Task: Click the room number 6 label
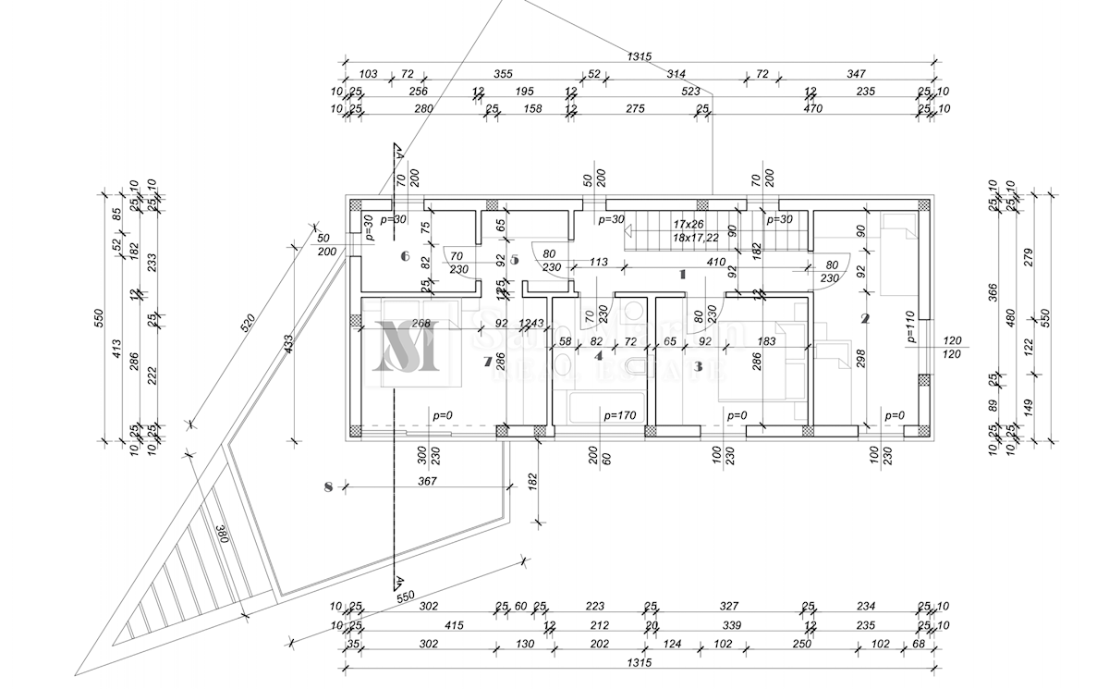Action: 405,256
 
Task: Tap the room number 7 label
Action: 487,363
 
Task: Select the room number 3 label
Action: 698,366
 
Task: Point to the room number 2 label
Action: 865,319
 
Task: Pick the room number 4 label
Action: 598,354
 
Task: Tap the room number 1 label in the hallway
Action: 682,274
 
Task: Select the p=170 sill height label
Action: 621,416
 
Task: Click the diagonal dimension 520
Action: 246,324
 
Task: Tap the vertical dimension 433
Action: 287,343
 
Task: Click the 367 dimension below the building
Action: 427,481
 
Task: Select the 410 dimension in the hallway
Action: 715,262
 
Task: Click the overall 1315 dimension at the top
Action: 639,56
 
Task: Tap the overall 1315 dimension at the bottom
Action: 639,663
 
